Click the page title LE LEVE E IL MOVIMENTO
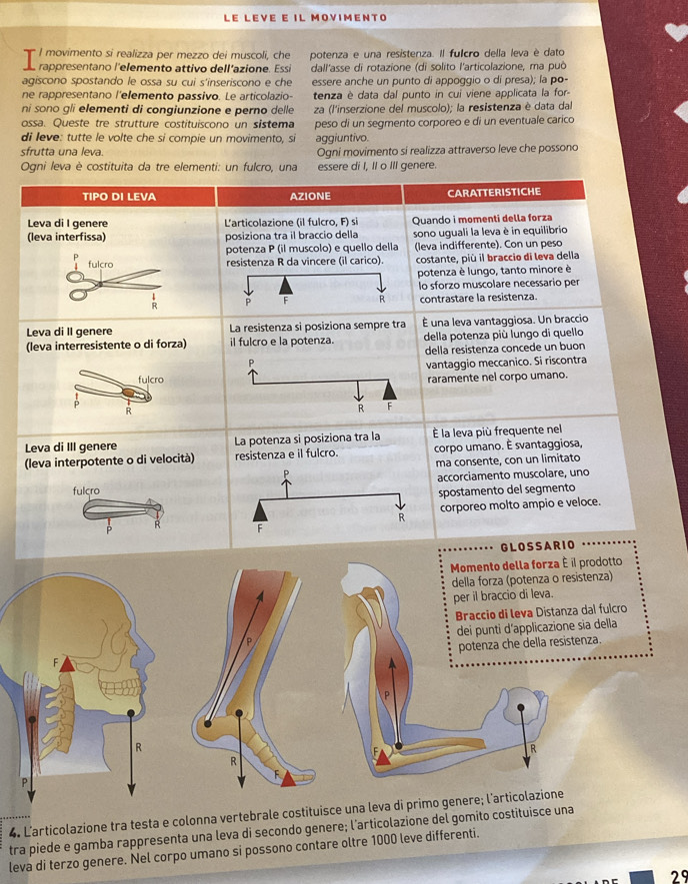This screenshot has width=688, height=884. point(305,17)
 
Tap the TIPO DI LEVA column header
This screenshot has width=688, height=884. point(119,197)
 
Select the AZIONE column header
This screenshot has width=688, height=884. point(310,196)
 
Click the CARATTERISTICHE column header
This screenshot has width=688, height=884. point(494,192)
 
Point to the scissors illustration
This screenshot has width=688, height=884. point(114,284)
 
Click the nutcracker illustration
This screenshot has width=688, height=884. point(113,387)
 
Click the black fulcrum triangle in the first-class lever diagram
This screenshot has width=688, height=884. point(286,286)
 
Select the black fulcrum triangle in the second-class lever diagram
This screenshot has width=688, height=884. point(389,389)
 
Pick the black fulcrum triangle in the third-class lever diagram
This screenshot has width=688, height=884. point(260,510)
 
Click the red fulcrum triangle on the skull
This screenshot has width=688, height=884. point(67,664)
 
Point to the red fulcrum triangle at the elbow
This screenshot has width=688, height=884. point(383,757)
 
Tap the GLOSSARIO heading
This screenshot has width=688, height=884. point(538,545)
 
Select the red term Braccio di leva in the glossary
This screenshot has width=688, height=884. point(494,613)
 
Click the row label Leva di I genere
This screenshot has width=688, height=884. point(67,224)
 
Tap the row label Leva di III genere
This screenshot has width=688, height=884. point(71,447)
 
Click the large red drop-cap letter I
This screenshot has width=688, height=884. point(29,60)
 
